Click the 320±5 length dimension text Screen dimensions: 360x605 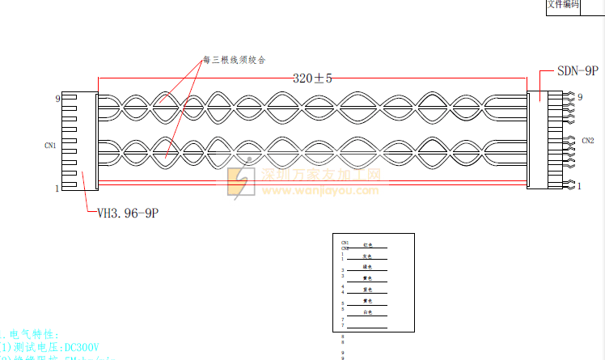313,78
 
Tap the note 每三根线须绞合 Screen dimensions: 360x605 234,61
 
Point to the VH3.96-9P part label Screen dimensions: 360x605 127,214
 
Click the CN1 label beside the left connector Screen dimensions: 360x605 50,146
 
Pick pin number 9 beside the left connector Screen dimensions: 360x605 57,99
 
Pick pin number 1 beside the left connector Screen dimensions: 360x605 57,188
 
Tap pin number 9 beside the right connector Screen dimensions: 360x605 580,98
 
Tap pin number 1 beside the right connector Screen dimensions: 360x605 579,186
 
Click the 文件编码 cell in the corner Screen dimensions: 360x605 563,5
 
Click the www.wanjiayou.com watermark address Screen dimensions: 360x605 319,191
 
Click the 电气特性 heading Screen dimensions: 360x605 32,333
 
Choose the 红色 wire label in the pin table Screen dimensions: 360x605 368,244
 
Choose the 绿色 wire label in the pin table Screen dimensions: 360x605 367,267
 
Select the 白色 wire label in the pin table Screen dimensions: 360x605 367,311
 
